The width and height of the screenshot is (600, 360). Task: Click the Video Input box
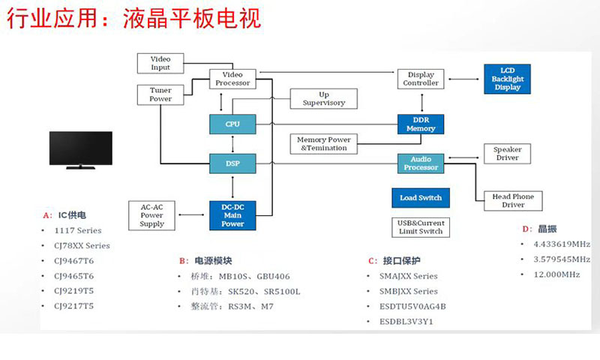click(x=160, y=63)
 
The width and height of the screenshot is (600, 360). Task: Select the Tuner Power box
click(x=160, y=94)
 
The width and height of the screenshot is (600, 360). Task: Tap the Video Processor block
click(x=232, y=79)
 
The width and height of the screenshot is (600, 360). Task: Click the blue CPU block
click(x=232, y=124)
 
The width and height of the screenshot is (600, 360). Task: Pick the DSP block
click(x=232, y=162)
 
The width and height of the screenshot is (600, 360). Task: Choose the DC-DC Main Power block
click(x=232, y=213)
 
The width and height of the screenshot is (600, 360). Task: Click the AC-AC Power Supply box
click(x=152, y=214)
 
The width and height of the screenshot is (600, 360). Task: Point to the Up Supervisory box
click(x=324, y=99)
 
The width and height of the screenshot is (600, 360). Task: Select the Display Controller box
click(x=421, y=79)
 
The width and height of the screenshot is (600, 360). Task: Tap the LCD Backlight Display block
click(x=508, y=79)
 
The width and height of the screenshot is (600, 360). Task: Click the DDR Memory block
click(x=421, y=124)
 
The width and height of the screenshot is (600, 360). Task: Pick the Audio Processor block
click(x=421, y=163)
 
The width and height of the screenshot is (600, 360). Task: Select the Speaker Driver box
click(x=508, y=154)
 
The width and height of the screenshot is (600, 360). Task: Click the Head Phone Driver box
click(x=513, y=201)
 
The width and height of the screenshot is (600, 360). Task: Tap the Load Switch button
click(x=421, y=198)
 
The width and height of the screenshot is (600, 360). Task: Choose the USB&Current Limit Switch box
click(x=421, y=227)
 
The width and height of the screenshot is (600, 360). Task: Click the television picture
click(x=80, y=151)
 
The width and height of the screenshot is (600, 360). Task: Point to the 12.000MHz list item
click(x=556, y=274)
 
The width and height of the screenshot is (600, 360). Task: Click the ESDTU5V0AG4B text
click(x=412, y=306)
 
